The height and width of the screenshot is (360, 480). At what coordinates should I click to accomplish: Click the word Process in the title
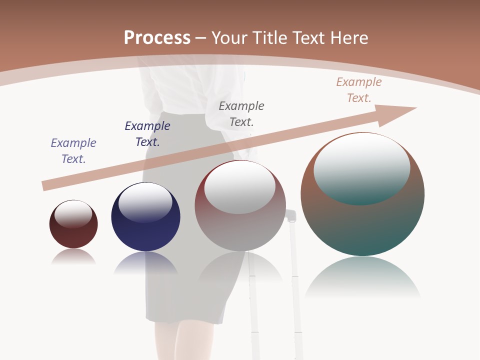(x=157, y=37)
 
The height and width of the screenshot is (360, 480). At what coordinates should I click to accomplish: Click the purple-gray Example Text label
(x=73, y=150)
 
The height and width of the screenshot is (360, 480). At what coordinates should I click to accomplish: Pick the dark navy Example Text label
(x=147, y=133)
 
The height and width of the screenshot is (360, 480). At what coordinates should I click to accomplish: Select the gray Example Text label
(x=241, y=113)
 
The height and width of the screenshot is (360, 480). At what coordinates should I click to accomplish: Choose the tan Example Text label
(x=359, y=89)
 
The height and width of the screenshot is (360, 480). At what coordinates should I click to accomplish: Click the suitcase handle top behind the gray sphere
(x=291, y=215)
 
